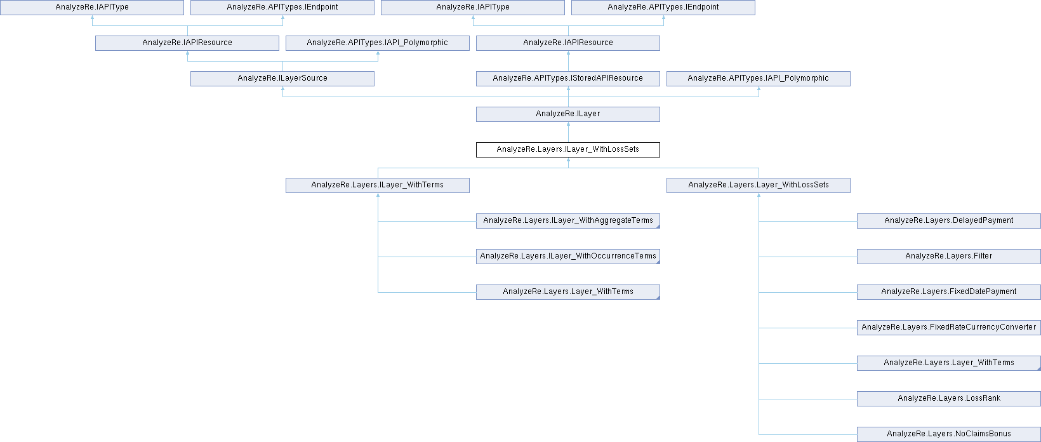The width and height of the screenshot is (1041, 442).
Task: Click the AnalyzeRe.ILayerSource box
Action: click(x=282, y=79)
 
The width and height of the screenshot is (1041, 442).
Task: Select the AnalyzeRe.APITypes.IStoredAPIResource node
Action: click(x=568, y=79)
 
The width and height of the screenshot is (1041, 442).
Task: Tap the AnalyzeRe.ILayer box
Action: click(x=568, y=114)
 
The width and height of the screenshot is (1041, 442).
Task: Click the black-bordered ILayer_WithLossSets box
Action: click(x=568, y=150)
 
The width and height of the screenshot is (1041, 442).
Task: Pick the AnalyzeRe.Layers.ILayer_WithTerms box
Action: click(x=377, y=185)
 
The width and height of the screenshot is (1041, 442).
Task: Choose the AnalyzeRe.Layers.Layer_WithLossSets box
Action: click(x=759, y=185)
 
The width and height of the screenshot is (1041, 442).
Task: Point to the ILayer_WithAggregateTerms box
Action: click(x=568, y=221)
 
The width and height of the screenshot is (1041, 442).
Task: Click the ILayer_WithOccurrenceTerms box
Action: click(x=568, y=257)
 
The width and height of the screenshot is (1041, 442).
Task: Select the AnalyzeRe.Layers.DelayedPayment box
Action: click(x=949, y=221)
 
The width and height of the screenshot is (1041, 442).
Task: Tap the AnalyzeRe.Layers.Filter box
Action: click(x=949, y=257)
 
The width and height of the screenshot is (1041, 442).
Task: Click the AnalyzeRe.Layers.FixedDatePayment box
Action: click(x=949, y=292)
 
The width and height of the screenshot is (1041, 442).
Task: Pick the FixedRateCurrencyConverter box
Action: click(x=949, y=328)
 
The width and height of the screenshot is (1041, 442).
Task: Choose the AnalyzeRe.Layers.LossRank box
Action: click(x=949, y=399)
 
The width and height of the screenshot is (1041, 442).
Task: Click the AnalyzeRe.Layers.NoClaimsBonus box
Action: click(x=949, y=434)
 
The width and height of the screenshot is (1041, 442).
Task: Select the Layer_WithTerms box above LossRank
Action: click(x=949, y=363)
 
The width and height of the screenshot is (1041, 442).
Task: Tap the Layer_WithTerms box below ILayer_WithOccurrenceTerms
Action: click(x=568, y=292)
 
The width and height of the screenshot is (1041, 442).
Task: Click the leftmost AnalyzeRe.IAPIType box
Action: click(x=92, y=8)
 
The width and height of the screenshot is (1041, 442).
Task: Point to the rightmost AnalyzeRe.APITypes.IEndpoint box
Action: click(x=663, y=8)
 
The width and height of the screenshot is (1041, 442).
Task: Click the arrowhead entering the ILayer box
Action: click(x=568, y=124)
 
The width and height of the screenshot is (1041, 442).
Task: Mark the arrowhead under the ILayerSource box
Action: click(x=282, y=88)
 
